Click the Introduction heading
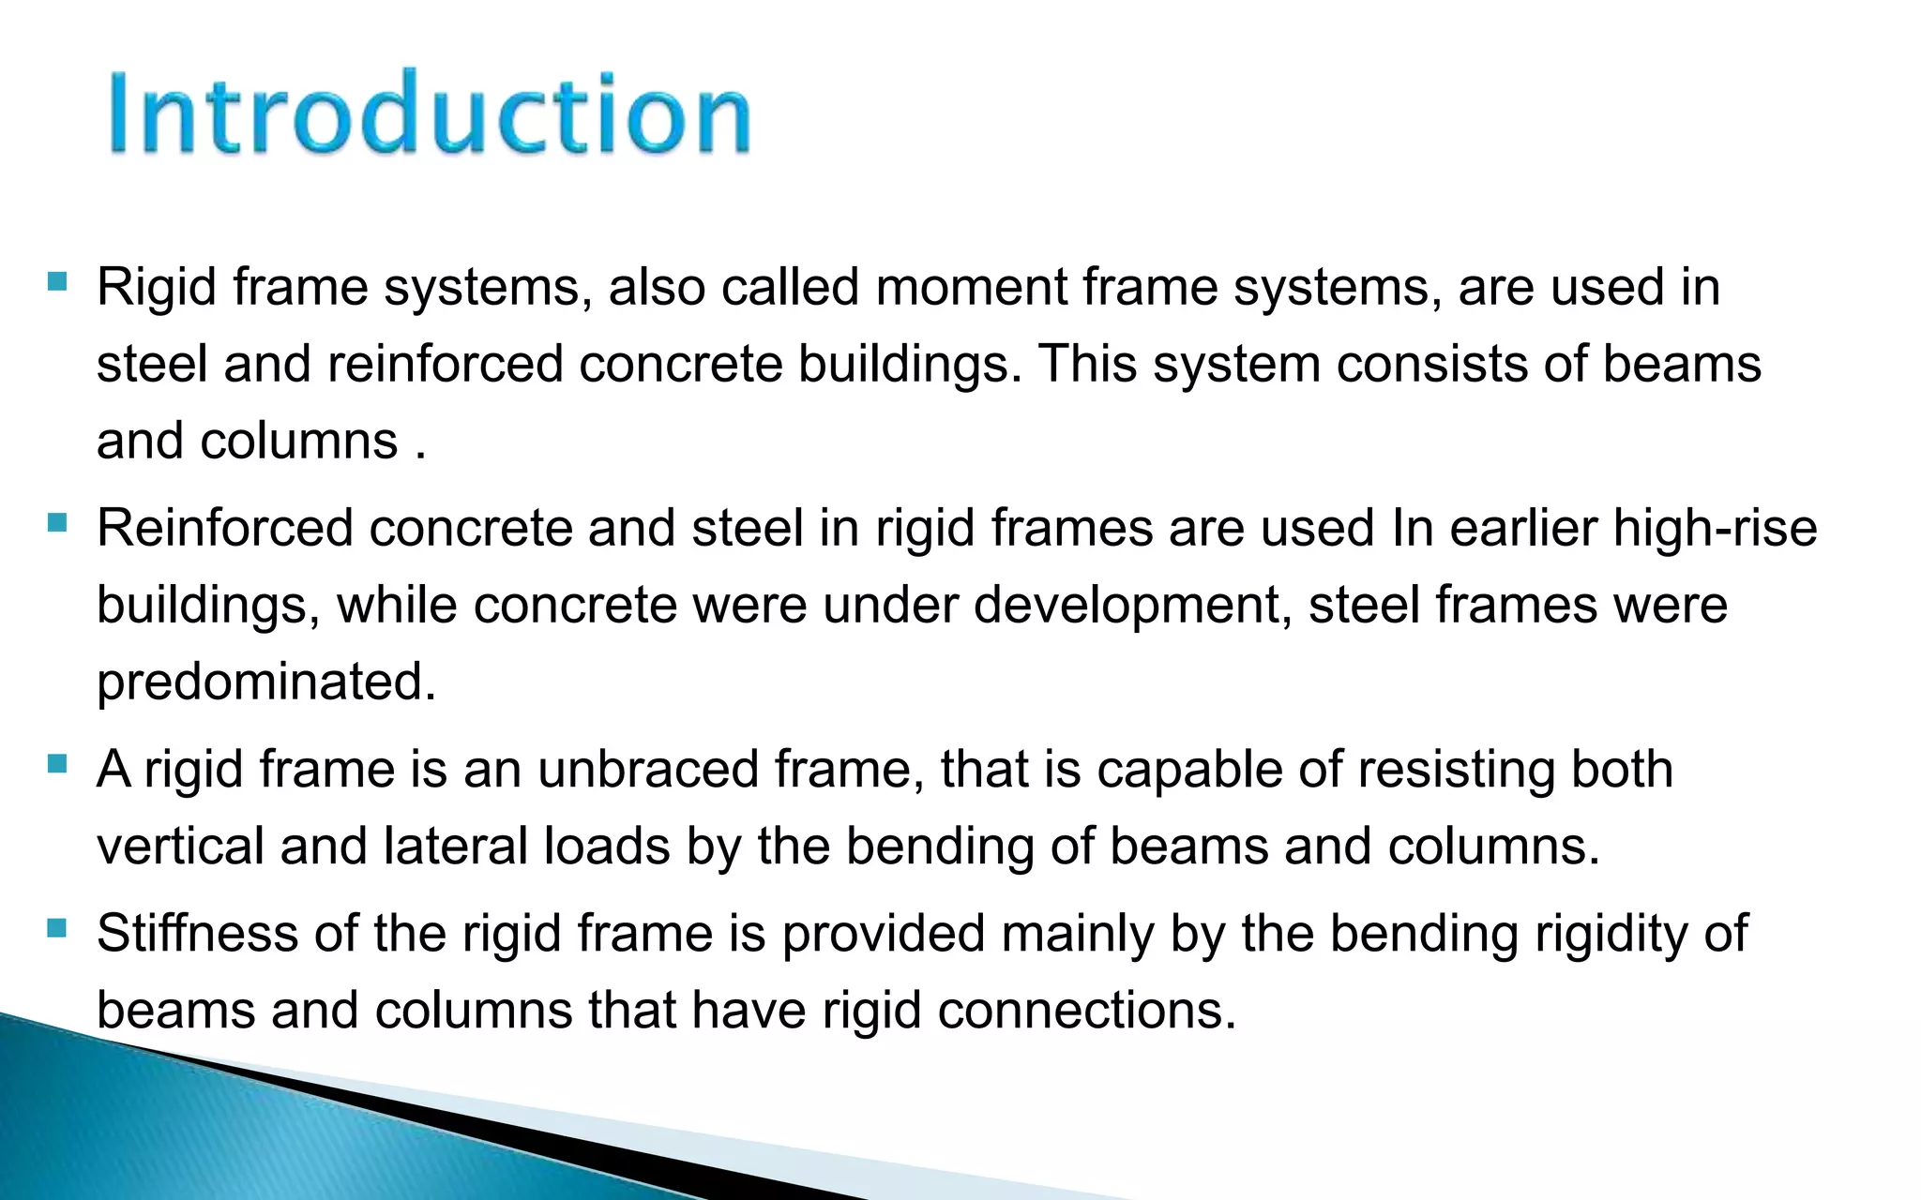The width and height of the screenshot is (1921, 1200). click(430, 112)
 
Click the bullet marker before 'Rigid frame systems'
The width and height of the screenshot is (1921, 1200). click(56, 280)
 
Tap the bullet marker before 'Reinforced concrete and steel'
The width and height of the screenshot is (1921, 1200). click(56, 521)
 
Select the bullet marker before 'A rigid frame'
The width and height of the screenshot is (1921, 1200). click(56, 763)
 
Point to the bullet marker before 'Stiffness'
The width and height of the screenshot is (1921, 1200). click(56, 928)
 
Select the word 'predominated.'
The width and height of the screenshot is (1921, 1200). click(266, 682)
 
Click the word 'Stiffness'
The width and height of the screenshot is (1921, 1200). click(197, 934)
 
